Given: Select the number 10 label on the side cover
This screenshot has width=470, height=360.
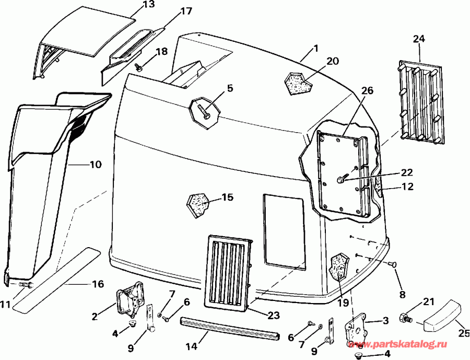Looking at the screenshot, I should pyautogui.click(x=95, y=165).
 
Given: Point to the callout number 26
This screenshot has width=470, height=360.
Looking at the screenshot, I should pyautogui.click(x=367, y=90).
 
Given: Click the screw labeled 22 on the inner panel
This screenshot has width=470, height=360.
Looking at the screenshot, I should pyautogui.click(x=340, y=180).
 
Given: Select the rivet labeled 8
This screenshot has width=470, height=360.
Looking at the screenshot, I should pyautogui.click(x=393, y=265).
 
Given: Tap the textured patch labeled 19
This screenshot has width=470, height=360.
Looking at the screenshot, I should pyautogui.click(x=340, y=266).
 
